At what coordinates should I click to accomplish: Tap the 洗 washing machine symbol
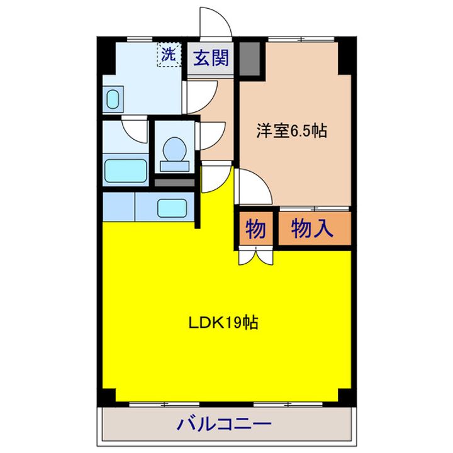[x=168, y=54]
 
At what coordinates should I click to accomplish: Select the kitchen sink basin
[x=172, y=207]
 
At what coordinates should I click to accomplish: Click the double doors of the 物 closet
[x=255, y=255]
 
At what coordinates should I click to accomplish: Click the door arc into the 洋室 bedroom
[x=253, y=189]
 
